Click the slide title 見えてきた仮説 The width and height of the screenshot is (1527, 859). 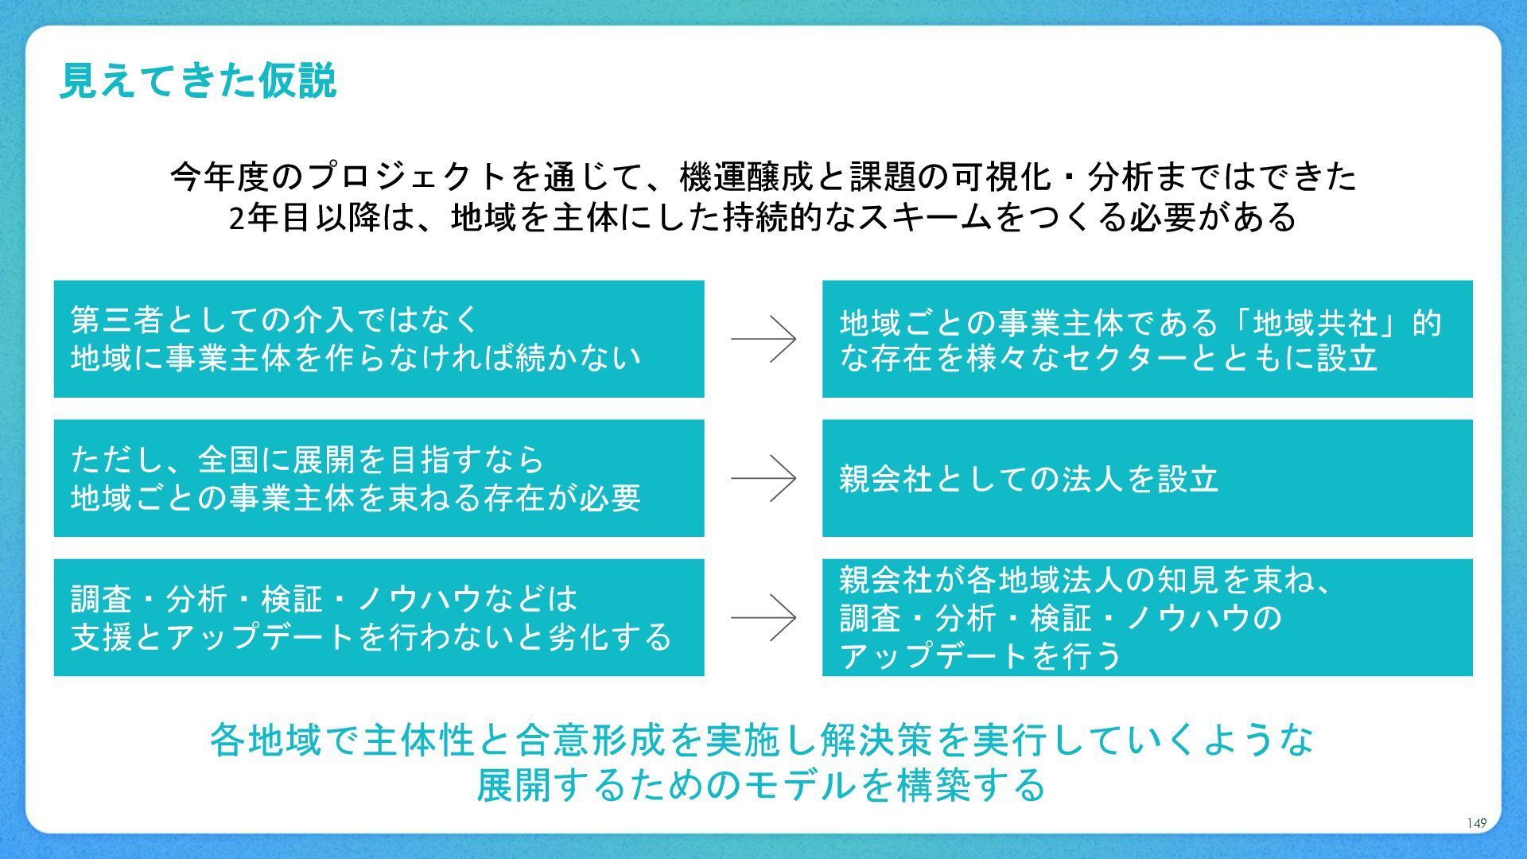(198, 81)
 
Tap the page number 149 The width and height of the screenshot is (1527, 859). (1476, 823)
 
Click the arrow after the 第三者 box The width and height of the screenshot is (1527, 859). (763, 339)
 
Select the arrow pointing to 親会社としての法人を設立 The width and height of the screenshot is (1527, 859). (763, 478)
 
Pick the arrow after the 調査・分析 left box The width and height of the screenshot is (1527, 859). (763, 617)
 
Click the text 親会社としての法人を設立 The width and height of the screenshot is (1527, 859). (1028, 479)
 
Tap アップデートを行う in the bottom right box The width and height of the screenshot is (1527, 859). (981, 656)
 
